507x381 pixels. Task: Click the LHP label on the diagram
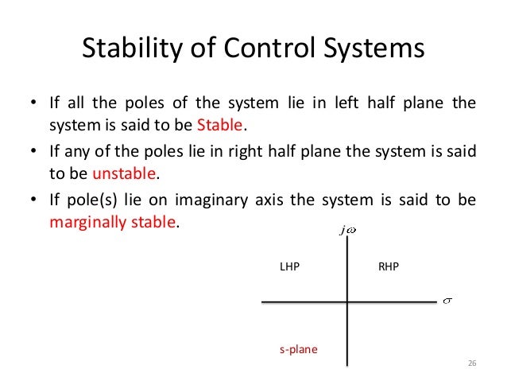pos(289,268)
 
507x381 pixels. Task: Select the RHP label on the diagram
pos(389,268)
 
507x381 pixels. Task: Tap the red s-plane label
pos(298,349)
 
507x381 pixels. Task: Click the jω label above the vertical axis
pos(347,231)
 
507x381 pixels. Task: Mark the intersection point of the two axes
pos(348,302)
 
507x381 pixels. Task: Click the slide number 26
pos(471,364)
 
